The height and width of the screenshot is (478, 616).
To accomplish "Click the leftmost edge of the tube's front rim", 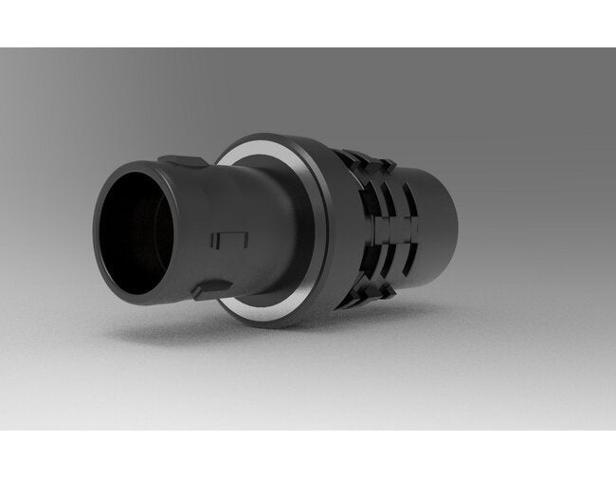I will (x=96, y=233).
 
